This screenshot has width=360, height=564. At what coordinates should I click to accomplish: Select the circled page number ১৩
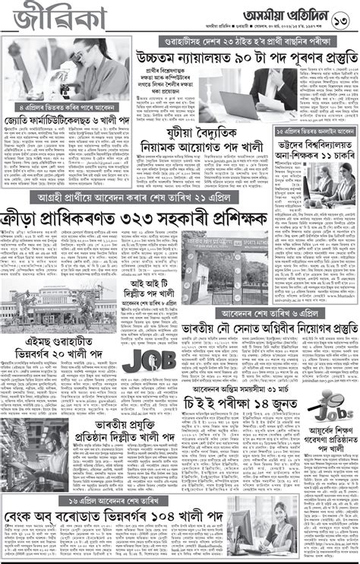pos(343,17)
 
